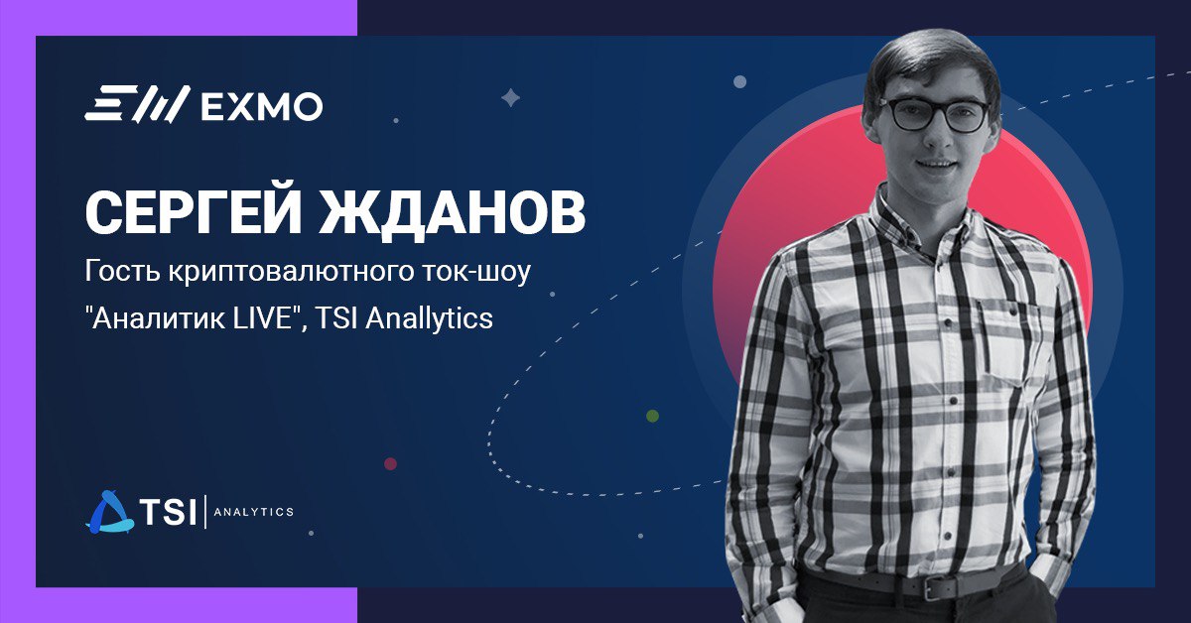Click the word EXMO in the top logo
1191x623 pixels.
coord(262,107)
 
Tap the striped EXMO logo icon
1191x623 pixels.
coord(137,104)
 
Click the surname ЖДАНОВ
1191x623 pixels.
coord(452,211)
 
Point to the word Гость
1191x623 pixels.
coord(122,271)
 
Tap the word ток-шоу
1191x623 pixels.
coord(476,272)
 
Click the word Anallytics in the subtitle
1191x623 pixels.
coord(430,319)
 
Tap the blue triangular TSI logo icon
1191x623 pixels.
coord(109,512)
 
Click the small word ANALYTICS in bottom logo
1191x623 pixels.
coord(254,512)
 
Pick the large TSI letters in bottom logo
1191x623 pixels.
coord(168,511)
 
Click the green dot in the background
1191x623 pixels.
coord(652,416)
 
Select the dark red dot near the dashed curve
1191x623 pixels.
coord(390,463)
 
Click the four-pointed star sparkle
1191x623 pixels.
coord(511,97)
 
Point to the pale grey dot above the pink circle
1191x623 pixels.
coord(740,81)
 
